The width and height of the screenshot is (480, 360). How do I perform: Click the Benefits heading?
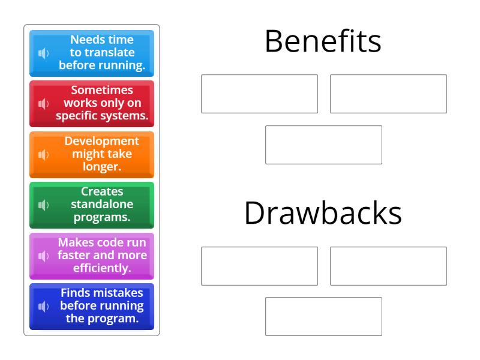tap(323, 41)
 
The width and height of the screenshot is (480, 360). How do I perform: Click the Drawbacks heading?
tap(323, 213)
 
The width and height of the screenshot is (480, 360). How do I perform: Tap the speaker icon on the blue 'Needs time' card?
tap(43, 53)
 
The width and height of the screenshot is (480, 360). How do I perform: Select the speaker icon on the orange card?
tap(43, 155)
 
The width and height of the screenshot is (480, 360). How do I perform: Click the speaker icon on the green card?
tap(43, 205)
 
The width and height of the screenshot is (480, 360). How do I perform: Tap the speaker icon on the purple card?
tap(43, 256)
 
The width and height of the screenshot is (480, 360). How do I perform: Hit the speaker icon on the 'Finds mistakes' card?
tap(43, 307)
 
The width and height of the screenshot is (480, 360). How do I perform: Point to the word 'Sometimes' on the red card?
tap(102, 90)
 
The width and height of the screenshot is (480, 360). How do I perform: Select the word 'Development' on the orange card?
tap(102, 141)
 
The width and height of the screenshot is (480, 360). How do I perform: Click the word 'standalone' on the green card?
tap(102, 204)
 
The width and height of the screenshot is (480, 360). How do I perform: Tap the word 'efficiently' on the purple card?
tap(101, 268)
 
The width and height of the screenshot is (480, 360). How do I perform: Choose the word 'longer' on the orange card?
tap(101, 167)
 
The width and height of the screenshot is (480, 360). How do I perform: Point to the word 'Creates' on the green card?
tap(102, 191)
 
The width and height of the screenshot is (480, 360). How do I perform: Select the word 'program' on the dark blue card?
tap(112, 319)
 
